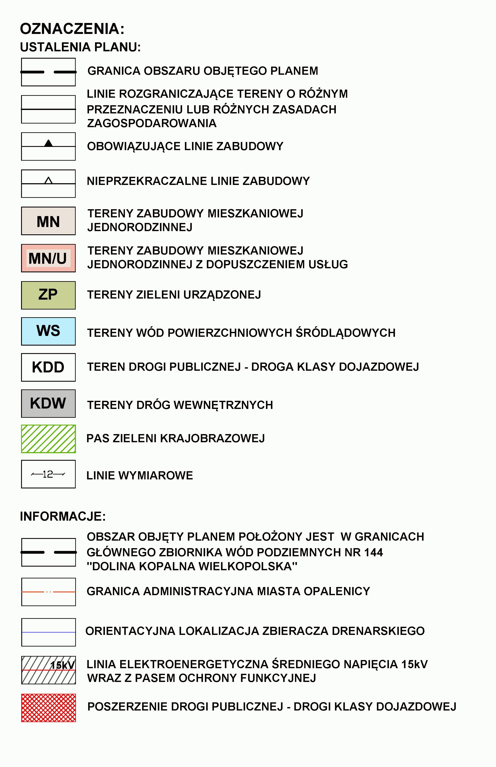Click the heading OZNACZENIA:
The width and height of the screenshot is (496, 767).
(72, 29)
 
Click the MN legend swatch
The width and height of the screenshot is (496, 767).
(48, 221)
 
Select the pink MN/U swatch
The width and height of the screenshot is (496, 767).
(48, 258)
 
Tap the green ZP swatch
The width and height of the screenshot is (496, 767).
(48, 295)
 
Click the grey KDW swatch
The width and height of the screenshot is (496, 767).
(48, 403)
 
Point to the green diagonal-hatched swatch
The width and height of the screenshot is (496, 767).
(48, 439)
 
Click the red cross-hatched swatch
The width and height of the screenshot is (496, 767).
(48, 708)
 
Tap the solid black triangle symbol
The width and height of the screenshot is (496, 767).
(48, 143)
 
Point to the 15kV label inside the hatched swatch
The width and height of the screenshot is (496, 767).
(63, 665)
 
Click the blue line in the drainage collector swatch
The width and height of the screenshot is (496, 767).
(48, 632)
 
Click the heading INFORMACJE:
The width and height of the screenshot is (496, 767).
(63, 516)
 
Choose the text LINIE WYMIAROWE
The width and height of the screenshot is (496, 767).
(140, 476)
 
